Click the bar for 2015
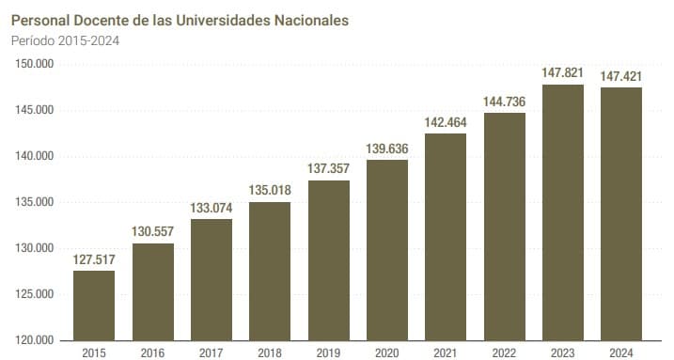click(94, 305)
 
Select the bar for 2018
click(270, 271)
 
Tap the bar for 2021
click(446, 237)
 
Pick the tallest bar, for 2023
click(563, 212)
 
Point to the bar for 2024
click(621, 213)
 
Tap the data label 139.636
click(387, 149)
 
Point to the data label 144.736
click(505, 102)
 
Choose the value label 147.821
click(563, 73)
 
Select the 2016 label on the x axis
click(152, 352)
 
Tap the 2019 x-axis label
click(328, 352)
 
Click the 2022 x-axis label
click(505, 352)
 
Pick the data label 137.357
click(328, 169)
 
